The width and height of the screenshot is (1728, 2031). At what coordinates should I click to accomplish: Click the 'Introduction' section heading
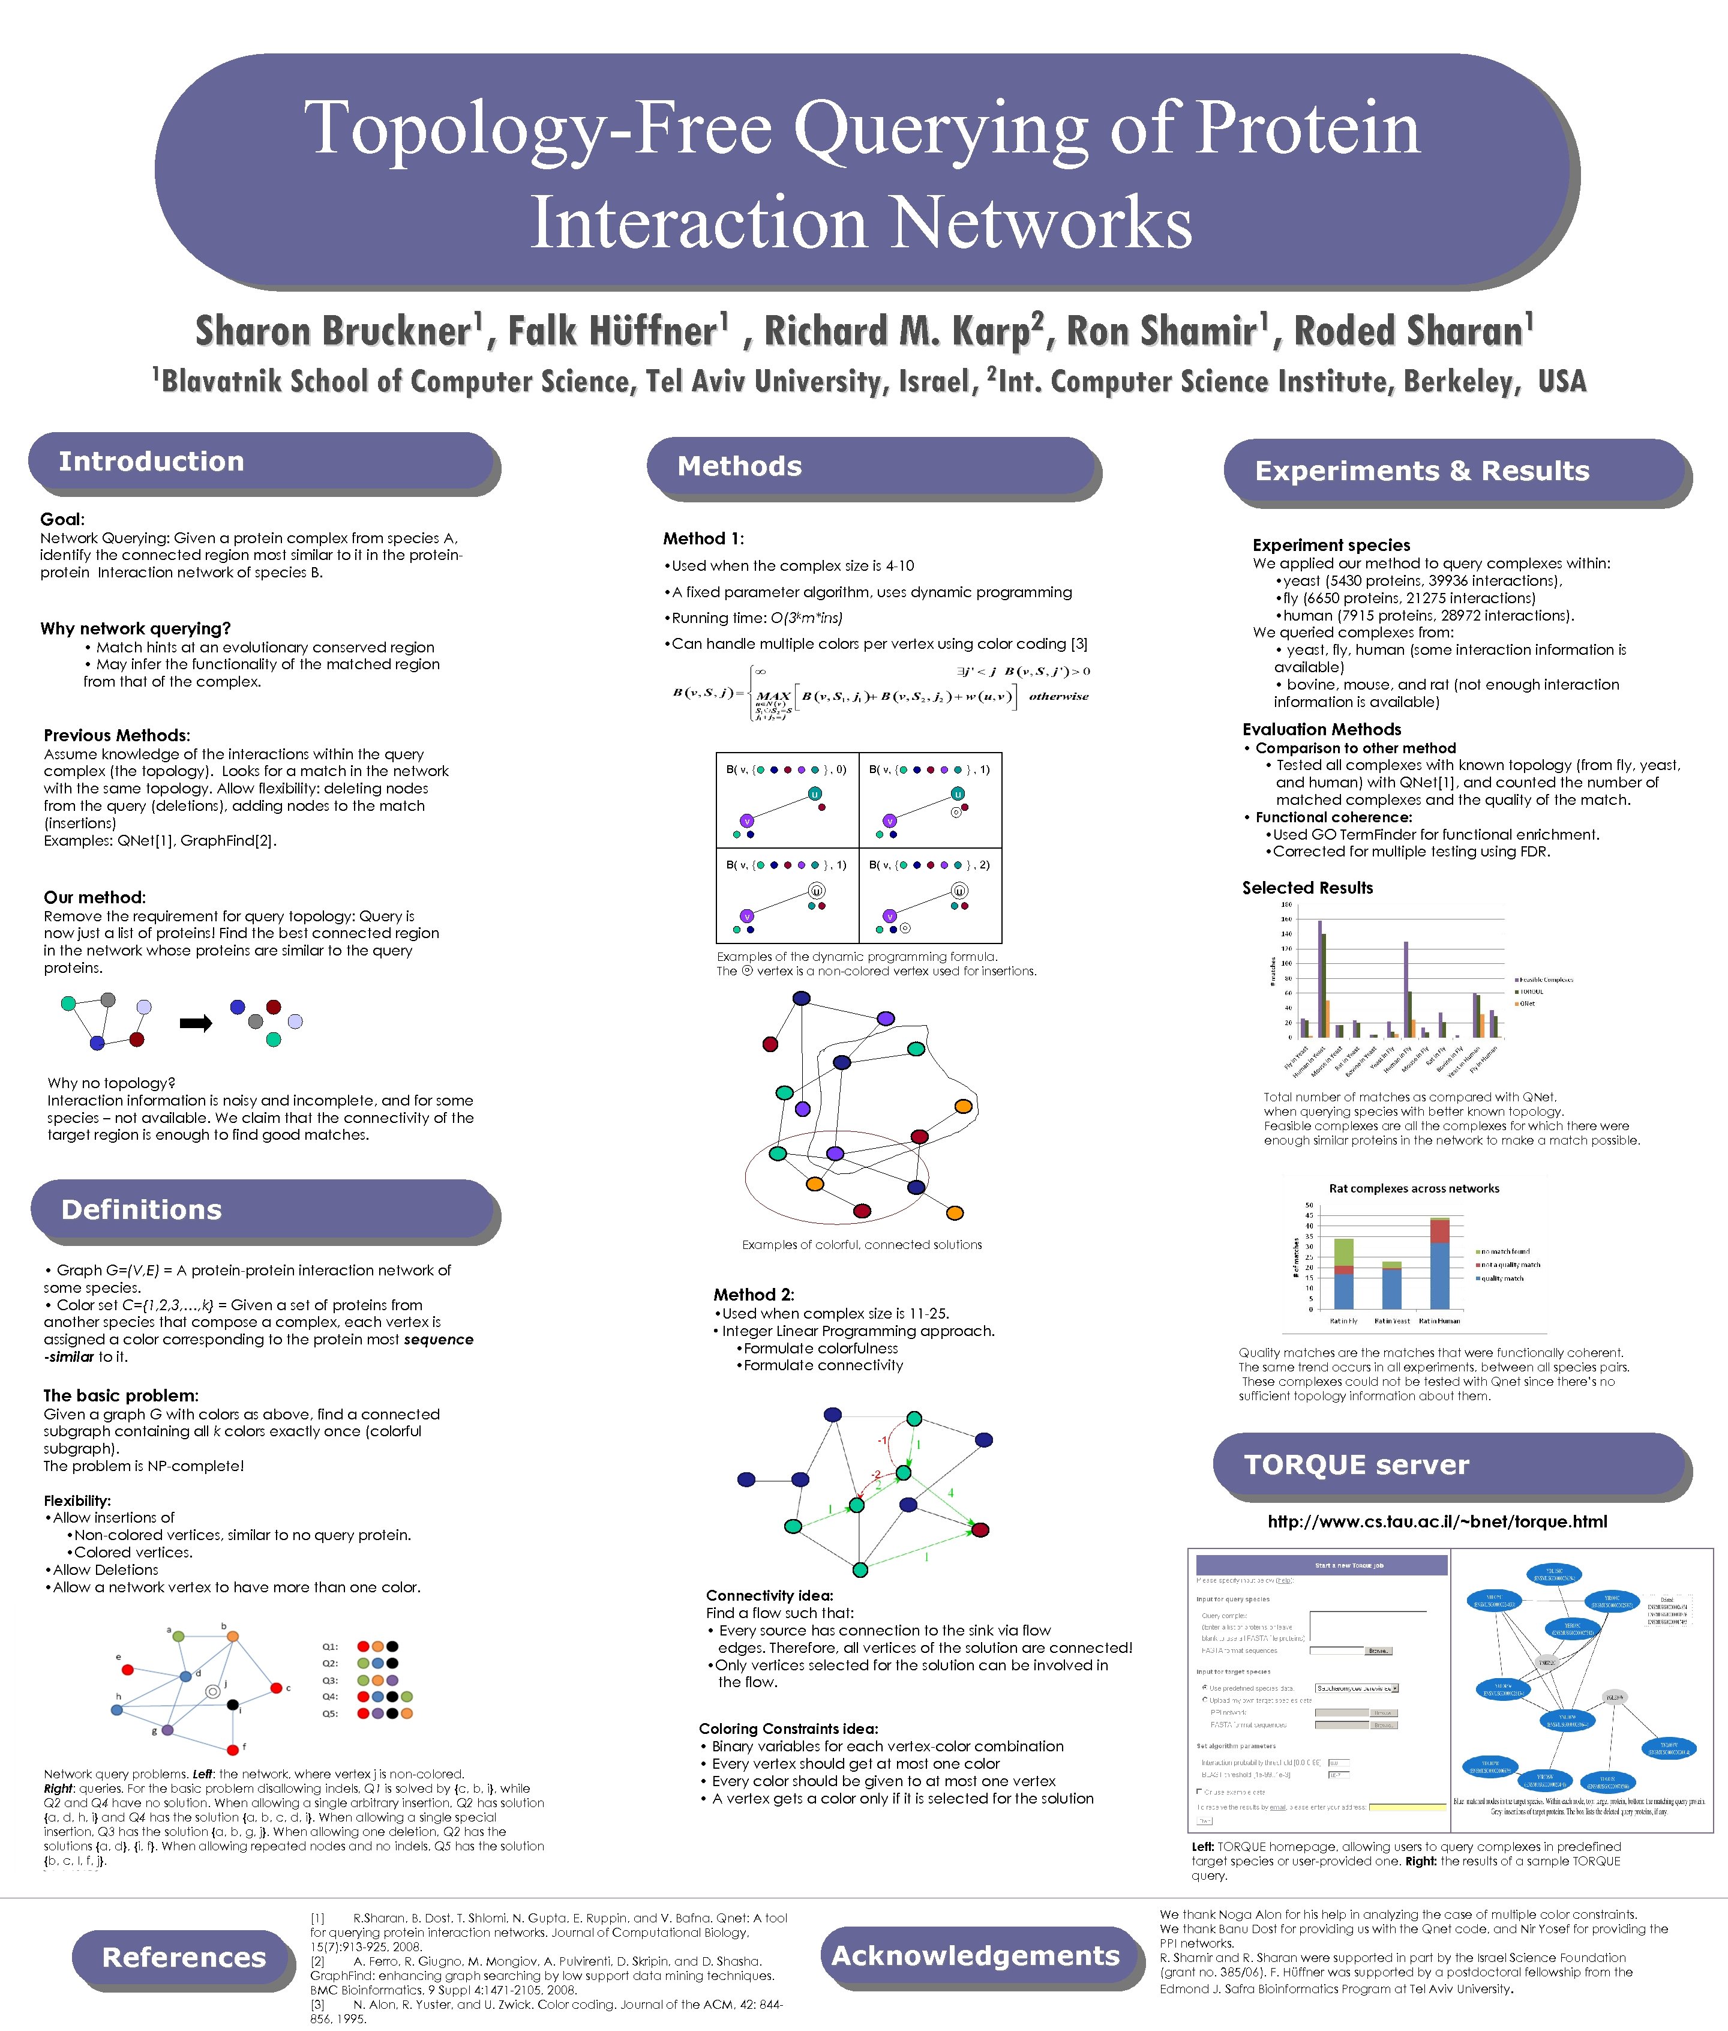(x=152, y=462)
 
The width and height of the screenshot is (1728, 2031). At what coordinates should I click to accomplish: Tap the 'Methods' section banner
(x=740, y=466)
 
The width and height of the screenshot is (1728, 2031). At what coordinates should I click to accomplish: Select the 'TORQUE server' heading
(x=1356, y=1464)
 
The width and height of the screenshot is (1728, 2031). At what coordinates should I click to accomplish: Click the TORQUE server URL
(x=1437, y=1521)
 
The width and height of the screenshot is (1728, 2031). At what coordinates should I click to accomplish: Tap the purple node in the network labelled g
(x=167, y=1730)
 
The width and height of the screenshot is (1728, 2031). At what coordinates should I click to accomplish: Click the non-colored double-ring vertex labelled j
(x=212, y=1692)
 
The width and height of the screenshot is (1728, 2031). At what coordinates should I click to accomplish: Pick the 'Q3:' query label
(x=330, y=1680)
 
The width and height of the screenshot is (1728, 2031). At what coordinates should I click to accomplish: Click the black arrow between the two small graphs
(x=196, y=1024)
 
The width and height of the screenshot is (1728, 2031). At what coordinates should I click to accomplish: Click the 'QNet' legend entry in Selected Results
(x=1528, y=1003)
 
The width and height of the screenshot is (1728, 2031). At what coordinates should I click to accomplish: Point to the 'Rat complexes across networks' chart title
(x=1414, y=1188)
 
